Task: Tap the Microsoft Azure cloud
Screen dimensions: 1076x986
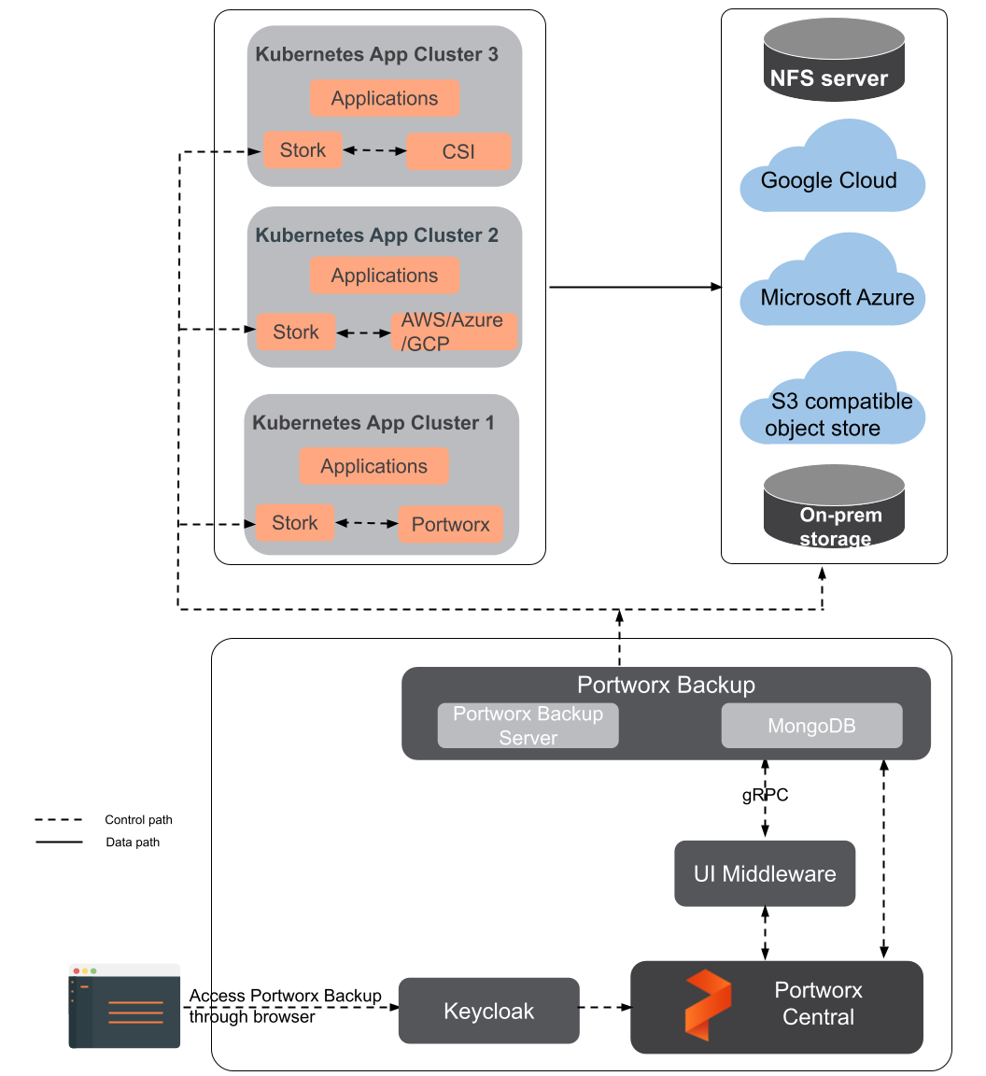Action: pyautogui.click(x=833, y=289)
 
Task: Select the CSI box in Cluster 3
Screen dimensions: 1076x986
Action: pyautogui.click(x=458, y=151)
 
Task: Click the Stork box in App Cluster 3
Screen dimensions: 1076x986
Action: pyautogui.click(x=303, y=149)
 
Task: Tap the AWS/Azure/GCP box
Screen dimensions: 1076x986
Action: pyautogui.click(x=453, y=332)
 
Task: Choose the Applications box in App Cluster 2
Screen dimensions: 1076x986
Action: pyautogui.click(x=384, y=276)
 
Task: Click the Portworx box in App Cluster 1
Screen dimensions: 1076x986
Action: pyautogui.click(x=450, y=525)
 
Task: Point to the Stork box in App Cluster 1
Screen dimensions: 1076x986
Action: pyautogui.click(x=295, y=523)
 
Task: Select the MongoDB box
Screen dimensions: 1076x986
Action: pyautogui.click(x=811, y=726)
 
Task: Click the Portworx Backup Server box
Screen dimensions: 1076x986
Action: pyautogui.click(x=528, y=726)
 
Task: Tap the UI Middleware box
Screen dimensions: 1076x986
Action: pyautogui.click(x=765, y=873)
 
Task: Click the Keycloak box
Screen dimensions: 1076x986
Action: pyautogui.click(x=488, y=1011)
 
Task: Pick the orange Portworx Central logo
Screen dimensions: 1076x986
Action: pyautogui.click(x=708, y=1005)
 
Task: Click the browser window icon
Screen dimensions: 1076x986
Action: pyautogui.click(x=124, y=1006)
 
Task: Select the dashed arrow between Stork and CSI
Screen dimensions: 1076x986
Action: pyautogui.click(x=374, y=150)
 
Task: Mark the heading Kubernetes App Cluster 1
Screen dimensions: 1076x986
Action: pyautogui.click(x=373, y=423)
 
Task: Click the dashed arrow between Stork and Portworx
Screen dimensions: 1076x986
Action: pyautogui.click(x=367, y=524)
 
